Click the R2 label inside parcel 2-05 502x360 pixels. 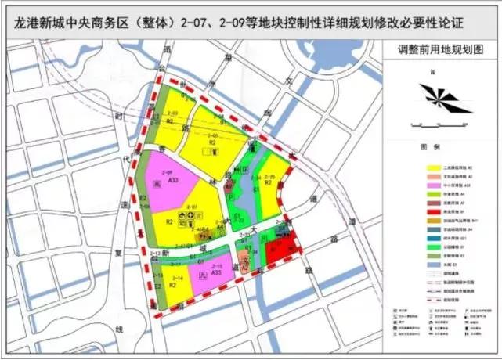tap(211, 142)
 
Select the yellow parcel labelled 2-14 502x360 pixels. tap(177, 282)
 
